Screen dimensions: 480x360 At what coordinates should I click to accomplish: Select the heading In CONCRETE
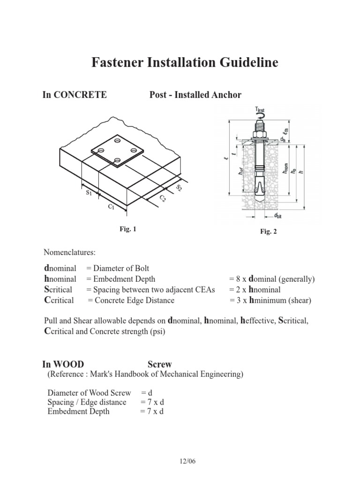(75, 95)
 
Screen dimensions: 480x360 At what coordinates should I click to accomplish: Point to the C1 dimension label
(111, 207)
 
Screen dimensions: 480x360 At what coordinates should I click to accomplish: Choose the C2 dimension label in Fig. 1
(163, 199)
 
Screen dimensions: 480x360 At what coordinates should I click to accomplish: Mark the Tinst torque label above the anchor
(261, 110)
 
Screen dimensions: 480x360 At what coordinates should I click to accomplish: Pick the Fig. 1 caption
(127, 229)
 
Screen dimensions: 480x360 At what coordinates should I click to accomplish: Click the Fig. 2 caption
(269, 232)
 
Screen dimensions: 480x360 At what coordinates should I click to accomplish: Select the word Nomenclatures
(69, 253)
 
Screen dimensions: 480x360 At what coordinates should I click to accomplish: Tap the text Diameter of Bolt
(121, 268)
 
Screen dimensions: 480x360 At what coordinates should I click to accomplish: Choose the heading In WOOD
(63, 364)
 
